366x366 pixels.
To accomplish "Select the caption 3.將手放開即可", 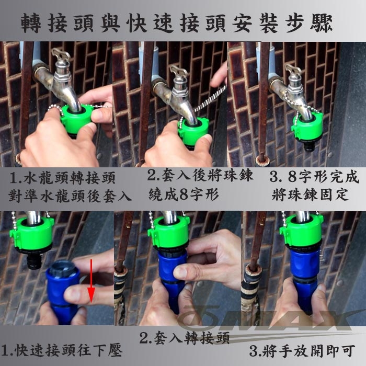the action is [x=302, y=351].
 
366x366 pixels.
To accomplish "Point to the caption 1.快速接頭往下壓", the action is [x=61, y=350].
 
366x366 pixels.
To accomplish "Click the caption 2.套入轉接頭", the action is [x=185, y=338].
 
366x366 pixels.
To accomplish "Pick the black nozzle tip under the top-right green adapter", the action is [x=310, y=146].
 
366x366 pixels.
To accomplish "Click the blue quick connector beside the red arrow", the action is [x=61, y=292].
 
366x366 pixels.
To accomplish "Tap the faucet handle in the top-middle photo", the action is [x=179, y=72].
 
